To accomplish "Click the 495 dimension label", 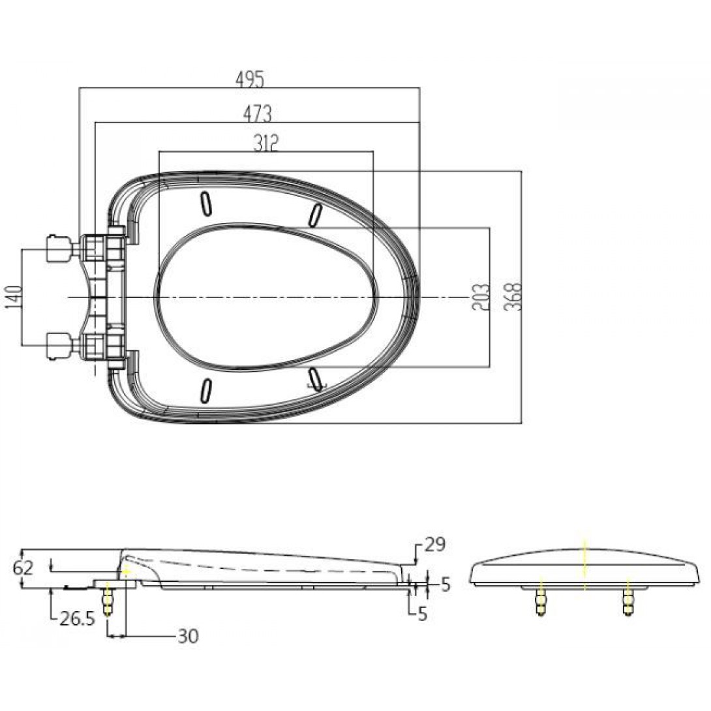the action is [249, 80].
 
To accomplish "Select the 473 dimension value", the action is [257, 113].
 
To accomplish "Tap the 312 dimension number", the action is [265, 144].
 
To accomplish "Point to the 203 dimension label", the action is [481, 297].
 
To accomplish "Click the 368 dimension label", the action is [513, 297].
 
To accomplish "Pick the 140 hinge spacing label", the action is [14, 297].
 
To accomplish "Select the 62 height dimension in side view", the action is [23, 567].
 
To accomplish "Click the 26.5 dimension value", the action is [77, 618].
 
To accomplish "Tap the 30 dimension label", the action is [188, 636].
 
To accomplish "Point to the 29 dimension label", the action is [435, 545].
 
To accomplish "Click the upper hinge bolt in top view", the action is [59, 249].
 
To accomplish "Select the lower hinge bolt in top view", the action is [59, 346].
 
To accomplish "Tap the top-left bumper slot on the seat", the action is [206, 204].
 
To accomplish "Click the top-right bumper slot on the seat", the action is [315, 215].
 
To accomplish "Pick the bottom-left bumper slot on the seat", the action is [206, 390].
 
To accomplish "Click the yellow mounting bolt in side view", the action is [108, 599].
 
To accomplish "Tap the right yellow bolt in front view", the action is [628, 599].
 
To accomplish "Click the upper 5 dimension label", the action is [446, 584].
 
